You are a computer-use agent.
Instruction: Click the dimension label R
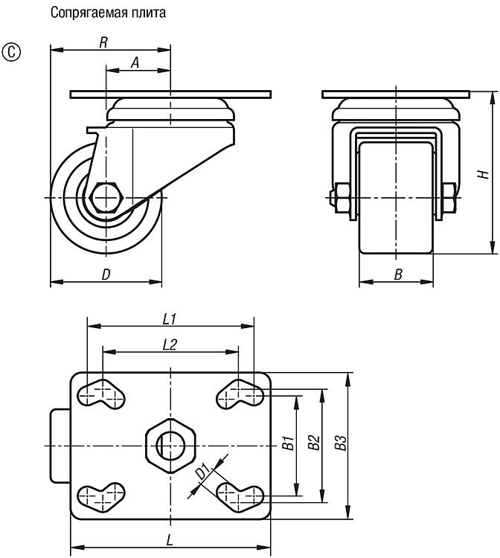click(x=103, y=42)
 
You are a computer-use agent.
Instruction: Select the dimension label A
click(x=135, y=62)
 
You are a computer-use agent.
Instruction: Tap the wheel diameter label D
click(x=106, y=275)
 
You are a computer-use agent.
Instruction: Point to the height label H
click(x=484, y=174)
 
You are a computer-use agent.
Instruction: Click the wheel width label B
click(x=398, y=275)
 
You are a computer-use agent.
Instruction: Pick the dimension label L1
click(x=170, y=319)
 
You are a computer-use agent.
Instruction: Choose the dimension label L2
click(x=170, y=344)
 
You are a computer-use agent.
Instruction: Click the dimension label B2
click(x=314, y=443)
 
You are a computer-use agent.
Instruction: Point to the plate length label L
click(x=170, y=541)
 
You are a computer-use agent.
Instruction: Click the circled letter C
click(x=11, y=52)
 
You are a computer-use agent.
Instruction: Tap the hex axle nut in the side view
click(x=106, y=197)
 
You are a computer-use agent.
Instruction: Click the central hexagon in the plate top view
click(x=171, y=446)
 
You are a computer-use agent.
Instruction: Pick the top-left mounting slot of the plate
click(x=101, y=394)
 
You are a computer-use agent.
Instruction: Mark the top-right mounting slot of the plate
click(x=240, y=394)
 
